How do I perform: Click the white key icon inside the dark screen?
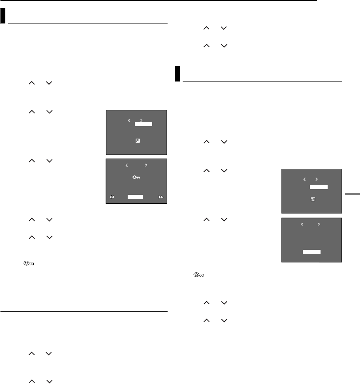pos(136,177)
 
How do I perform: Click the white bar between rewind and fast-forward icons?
pos(135,196)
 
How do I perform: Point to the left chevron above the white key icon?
pos(126,165)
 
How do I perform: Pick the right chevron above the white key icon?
pos(147,165)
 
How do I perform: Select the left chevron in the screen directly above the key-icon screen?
pos(129,120)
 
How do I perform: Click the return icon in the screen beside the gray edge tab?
pos(313,200)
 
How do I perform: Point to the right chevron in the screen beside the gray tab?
pos(317,180)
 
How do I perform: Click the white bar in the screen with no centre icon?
pos(312,252)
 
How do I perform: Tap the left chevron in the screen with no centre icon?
pos(302,224)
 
